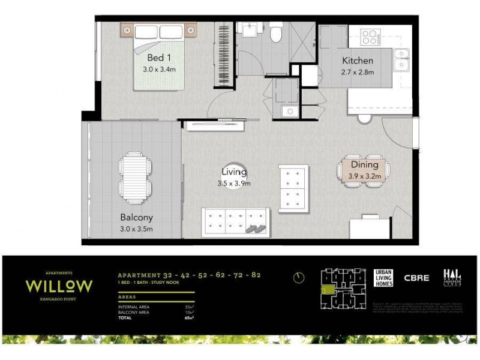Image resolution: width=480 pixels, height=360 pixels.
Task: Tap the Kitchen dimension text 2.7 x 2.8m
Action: coord(358,72)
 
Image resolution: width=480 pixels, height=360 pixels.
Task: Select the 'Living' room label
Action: coord(234,173)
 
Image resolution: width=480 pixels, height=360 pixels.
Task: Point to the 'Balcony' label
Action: coord(136,218)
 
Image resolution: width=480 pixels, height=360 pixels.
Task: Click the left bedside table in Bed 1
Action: coord(128,28)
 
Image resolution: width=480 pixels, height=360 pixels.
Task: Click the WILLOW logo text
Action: coord(58,285)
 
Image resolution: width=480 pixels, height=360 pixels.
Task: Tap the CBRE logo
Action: coord(416,278)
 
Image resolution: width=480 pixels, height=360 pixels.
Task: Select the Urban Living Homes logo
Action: coord(383,278)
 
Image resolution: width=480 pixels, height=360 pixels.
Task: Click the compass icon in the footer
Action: coord(299,277)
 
